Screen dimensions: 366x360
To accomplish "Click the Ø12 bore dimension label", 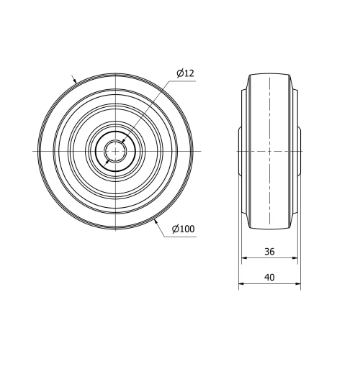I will (185, 73).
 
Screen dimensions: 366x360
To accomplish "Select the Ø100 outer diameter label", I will (184, 229).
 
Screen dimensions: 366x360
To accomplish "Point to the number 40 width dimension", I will (269, 277).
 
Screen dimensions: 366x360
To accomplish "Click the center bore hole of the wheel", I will (115, 151).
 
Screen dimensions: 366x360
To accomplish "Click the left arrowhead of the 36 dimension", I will (243, 259).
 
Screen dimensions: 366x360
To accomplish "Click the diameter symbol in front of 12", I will (179, 73).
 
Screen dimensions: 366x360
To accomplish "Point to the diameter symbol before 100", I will (175, 229).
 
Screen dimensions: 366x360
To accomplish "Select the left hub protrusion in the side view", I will (240, 151).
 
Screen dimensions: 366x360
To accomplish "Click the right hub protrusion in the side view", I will (299, 151).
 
